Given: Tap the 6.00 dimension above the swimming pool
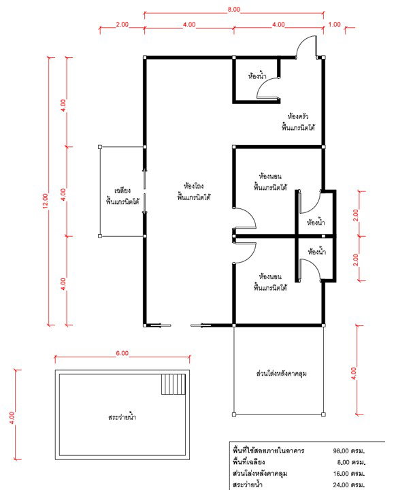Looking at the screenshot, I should tap(121, 353).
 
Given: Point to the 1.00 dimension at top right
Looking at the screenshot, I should tap(334, 24).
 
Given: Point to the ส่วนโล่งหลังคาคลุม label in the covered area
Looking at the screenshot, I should tap(278, 375).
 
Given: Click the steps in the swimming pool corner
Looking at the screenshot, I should tap(173, 385).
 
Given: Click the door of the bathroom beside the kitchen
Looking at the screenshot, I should tap(267, 91).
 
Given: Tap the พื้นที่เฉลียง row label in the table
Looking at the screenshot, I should tap(250, 461).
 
